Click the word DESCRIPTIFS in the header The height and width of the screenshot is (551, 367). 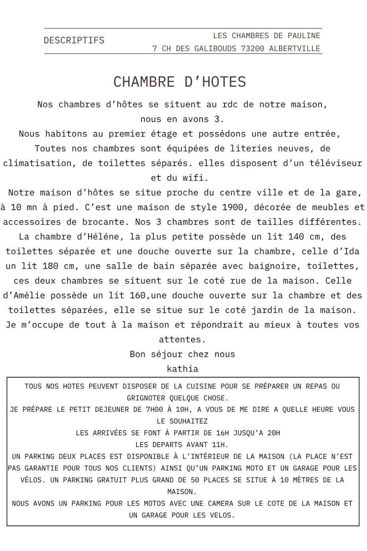tap(74, 40)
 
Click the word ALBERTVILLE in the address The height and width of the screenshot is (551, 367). tap(295, 48)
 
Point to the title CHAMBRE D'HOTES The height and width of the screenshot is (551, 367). tap(179, 82)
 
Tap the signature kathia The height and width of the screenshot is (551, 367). tap(183, 369)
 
